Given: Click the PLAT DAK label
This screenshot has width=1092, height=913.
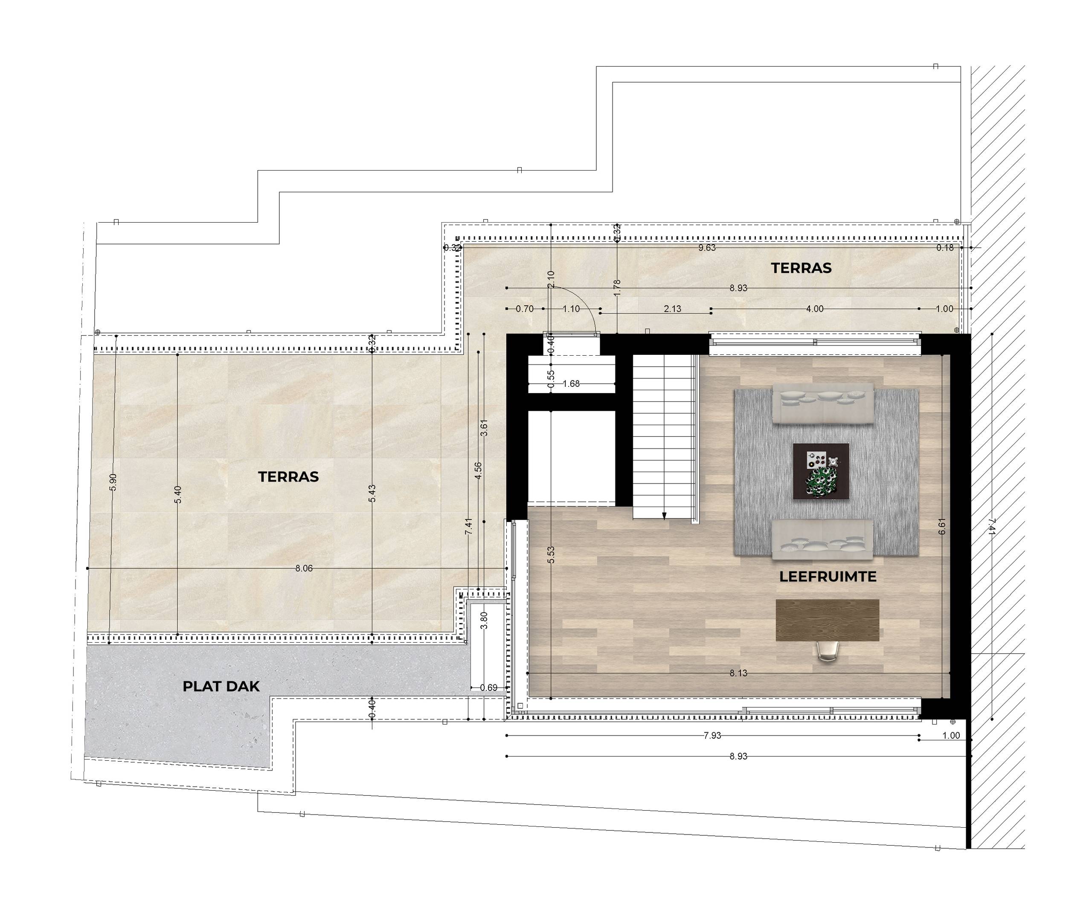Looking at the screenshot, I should [x=221, y=686].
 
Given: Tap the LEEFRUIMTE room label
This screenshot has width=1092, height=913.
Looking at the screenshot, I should [x=828, y=577].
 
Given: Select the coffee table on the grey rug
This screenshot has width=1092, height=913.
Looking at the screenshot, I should [x=821, y=471].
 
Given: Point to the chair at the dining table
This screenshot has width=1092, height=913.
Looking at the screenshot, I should [x=828, y=652].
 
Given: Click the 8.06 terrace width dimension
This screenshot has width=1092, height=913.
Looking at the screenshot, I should [x=304, y=568].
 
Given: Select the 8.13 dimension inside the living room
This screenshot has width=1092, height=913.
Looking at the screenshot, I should [x=738, y=673].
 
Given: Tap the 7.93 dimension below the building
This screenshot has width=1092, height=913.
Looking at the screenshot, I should [x=712, y=736].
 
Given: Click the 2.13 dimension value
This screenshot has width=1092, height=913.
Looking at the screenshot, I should [x=672, y=309].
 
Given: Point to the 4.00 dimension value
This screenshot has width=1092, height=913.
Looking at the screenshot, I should [x=814, y=309].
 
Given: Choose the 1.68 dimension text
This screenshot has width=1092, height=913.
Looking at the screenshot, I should [x=571, y=384].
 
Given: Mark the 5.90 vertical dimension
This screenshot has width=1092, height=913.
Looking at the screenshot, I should [x=113, y=482].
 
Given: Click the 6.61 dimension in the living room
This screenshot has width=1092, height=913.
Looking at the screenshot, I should [x=942, y=526].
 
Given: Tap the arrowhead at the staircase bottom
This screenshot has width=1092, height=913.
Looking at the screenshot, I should [x=664, y=516].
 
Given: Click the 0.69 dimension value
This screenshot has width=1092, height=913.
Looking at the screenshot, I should [x=488, y=688].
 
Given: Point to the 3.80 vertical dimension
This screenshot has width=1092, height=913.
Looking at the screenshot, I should [x=484, y=621].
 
